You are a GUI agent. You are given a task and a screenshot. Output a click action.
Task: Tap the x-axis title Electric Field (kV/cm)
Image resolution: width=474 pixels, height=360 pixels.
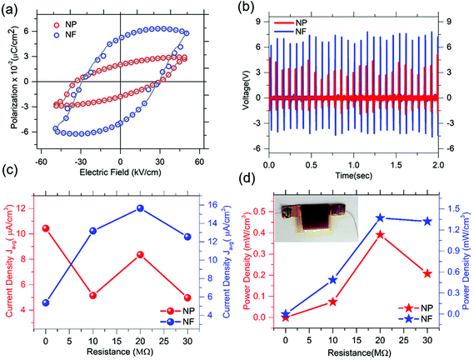pos(120,172)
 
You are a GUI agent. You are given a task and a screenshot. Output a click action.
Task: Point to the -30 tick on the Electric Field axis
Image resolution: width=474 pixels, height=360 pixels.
pos(81,162)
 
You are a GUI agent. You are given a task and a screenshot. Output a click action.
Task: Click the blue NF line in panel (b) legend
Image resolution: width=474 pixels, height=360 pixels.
pos(284,31)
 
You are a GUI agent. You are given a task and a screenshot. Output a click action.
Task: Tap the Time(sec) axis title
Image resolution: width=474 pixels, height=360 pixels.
pos(354,175)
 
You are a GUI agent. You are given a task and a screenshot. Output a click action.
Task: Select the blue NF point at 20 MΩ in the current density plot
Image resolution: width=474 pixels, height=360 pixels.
pos(140,208)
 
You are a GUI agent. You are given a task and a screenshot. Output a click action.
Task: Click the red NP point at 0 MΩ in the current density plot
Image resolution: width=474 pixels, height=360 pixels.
pos(46,228)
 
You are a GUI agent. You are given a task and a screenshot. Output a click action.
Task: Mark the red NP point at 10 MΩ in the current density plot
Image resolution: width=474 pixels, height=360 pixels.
pos(92,295)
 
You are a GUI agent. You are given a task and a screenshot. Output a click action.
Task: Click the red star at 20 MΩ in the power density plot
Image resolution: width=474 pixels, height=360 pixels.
pos(381,235)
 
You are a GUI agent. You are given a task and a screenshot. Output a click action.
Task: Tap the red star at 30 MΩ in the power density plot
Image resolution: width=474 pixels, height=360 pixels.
pos(427,274)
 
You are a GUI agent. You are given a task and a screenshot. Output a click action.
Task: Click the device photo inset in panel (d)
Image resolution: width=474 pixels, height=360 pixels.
pos(317,219)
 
